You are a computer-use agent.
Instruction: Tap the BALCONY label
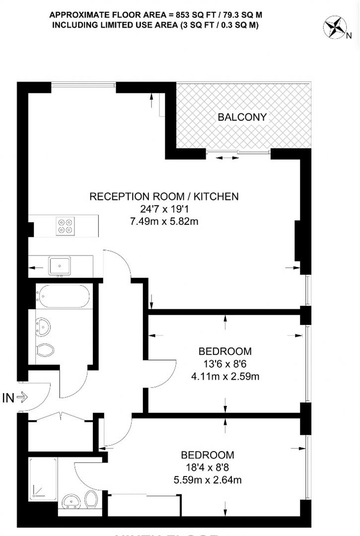tap(242, 118)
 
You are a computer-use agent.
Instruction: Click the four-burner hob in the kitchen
tap(65, 226)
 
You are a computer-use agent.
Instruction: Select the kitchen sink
tap(60, 266)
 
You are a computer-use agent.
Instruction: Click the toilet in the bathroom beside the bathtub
tap(45, 350)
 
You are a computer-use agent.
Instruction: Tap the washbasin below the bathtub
tap(43, 326)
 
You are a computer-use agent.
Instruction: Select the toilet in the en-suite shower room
tap(91, 499)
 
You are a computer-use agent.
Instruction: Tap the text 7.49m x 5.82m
tap(163, 221)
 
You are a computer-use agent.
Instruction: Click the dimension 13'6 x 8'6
tap(225, 364)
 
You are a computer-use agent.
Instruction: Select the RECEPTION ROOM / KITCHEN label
tap(164, 197)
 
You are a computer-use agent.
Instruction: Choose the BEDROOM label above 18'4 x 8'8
tap(207, 455)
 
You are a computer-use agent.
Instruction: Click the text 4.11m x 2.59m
tap(225, 377)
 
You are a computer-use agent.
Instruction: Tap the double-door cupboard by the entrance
tap(61, 432)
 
